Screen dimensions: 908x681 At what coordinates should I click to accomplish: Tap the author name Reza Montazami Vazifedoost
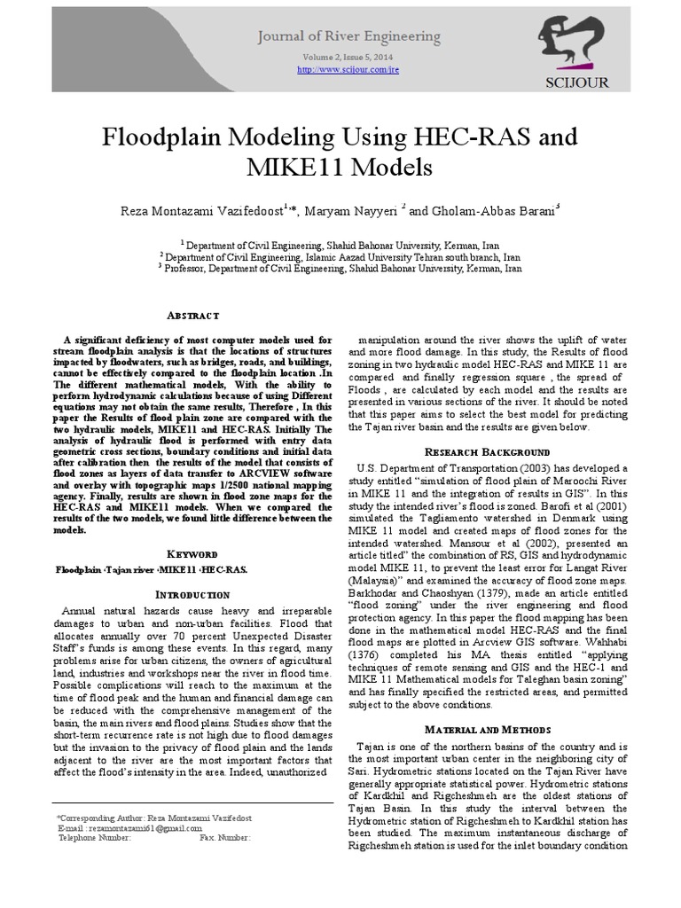200,210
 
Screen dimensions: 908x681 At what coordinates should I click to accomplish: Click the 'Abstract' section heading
192,316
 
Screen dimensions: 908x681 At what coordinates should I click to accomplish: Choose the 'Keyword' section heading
192,552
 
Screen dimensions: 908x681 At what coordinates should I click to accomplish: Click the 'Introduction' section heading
192,593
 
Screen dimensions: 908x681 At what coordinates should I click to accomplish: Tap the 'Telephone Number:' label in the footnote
94,836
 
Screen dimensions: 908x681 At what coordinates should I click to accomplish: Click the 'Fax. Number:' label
225,836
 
